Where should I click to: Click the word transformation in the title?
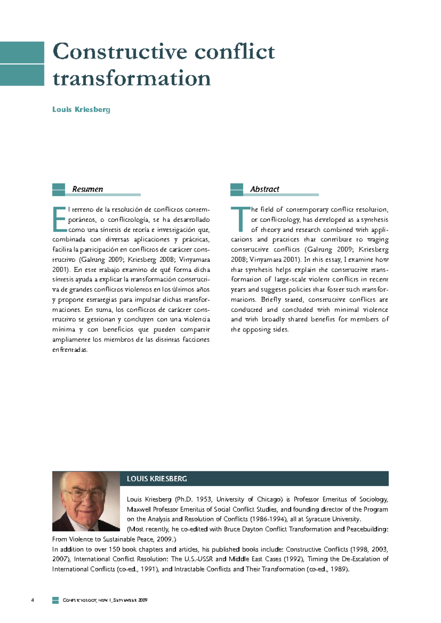coord(132,78)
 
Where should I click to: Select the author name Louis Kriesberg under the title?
coord(81,109)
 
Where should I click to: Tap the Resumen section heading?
coord(87,189)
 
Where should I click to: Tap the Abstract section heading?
coord(265,189)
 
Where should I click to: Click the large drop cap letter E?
coord(59,219)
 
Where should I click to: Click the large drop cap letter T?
coord(240,219)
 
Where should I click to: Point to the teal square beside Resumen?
coord(58,190)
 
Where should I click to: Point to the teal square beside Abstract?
coord(237,190)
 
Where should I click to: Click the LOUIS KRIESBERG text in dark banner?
coord(157,479)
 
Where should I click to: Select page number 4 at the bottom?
coord(33,600)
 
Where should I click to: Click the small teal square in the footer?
coord(55,600)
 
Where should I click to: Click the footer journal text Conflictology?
coord(79,600)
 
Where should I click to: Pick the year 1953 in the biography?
coord(204,499)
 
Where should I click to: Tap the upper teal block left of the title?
coord(22,52)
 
